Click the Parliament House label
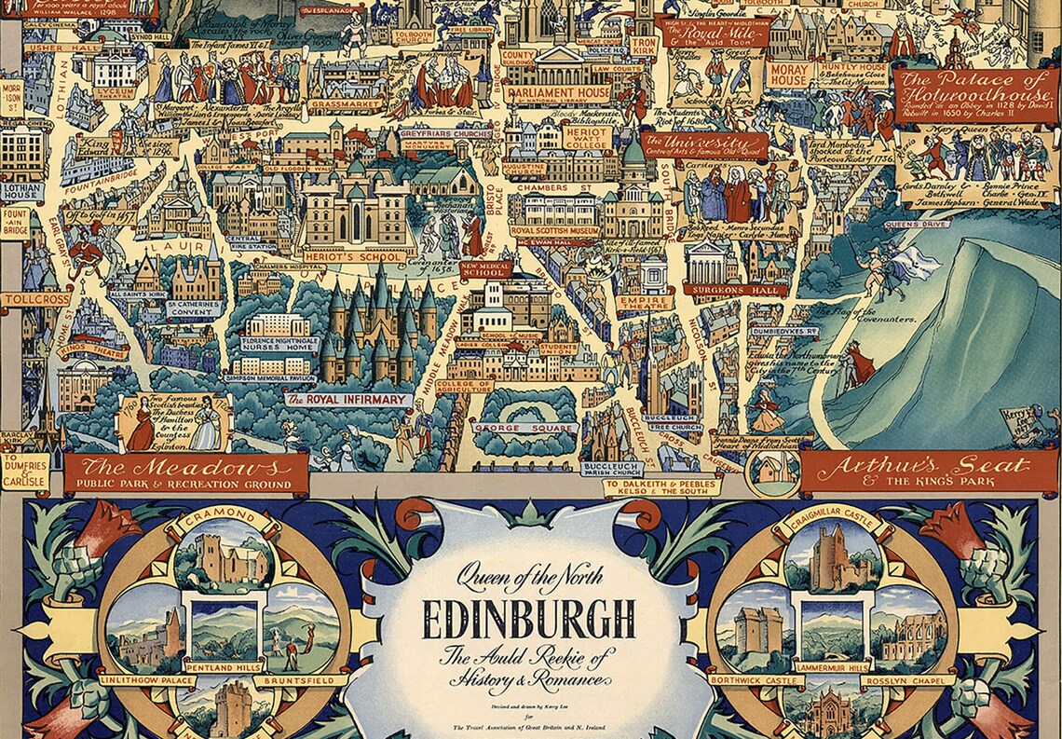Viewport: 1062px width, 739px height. point(558,93)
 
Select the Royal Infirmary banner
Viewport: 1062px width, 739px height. point(347,400)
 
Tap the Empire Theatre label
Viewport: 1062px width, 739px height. point(644,302)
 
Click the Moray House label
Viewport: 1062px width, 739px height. point(788,75)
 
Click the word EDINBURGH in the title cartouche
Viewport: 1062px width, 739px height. point(528,615)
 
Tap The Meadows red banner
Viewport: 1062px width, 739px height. point(185,472)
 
